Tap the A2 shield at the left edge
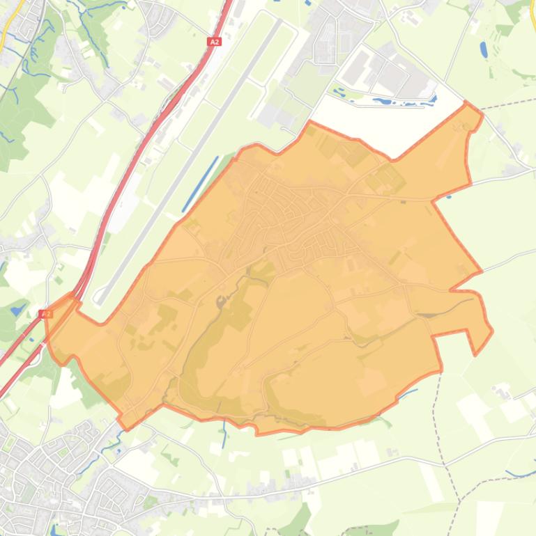pyautogui.click(x=47, y=314)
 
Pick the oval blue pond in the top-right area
pyautogui.click(x=484, y=49)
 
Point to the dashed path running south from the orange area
pyautogui.click(x=436, y=418)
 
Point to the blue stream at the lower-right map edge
pyautogui.click(x=519, y=474)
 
